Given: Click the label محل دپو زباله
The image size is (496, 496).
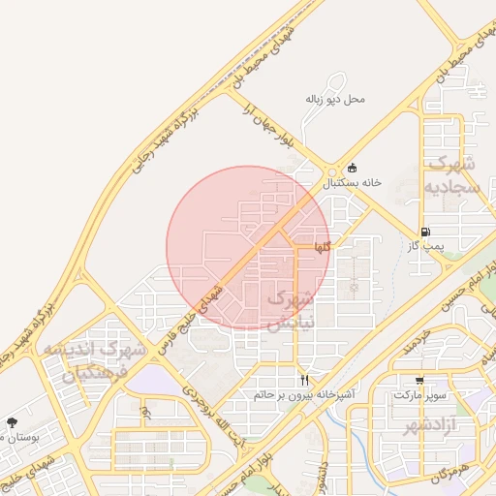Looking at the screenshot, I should [335, 99].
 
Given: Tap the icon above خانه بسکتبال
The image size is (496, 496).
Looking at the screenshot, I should [352, 168].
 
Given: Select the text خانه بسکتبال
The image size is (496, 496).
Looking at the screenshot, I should [353, 182].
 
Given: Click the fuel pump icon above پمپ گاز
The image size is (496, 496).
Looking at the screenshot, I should [426, 232].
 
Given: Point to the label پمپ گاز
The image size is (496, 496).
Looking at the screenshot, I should [425, 246].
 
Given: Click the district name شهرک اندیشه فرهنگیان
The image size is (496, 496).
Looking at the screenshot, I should [105, 360].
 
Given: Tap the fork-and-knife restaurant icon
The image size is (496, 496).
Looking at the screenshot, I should [305, 380].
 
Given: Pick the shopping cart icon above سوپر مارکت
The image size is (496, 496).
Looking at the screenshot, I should [419, 381].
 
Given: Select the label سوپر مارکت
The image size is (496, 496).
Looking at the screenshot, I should [419, 395].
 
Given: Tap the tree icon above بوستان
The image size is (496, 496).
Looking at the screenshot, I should [12, 422].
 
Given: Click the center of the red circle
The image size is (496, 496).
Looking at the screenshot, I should [247, 247].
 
